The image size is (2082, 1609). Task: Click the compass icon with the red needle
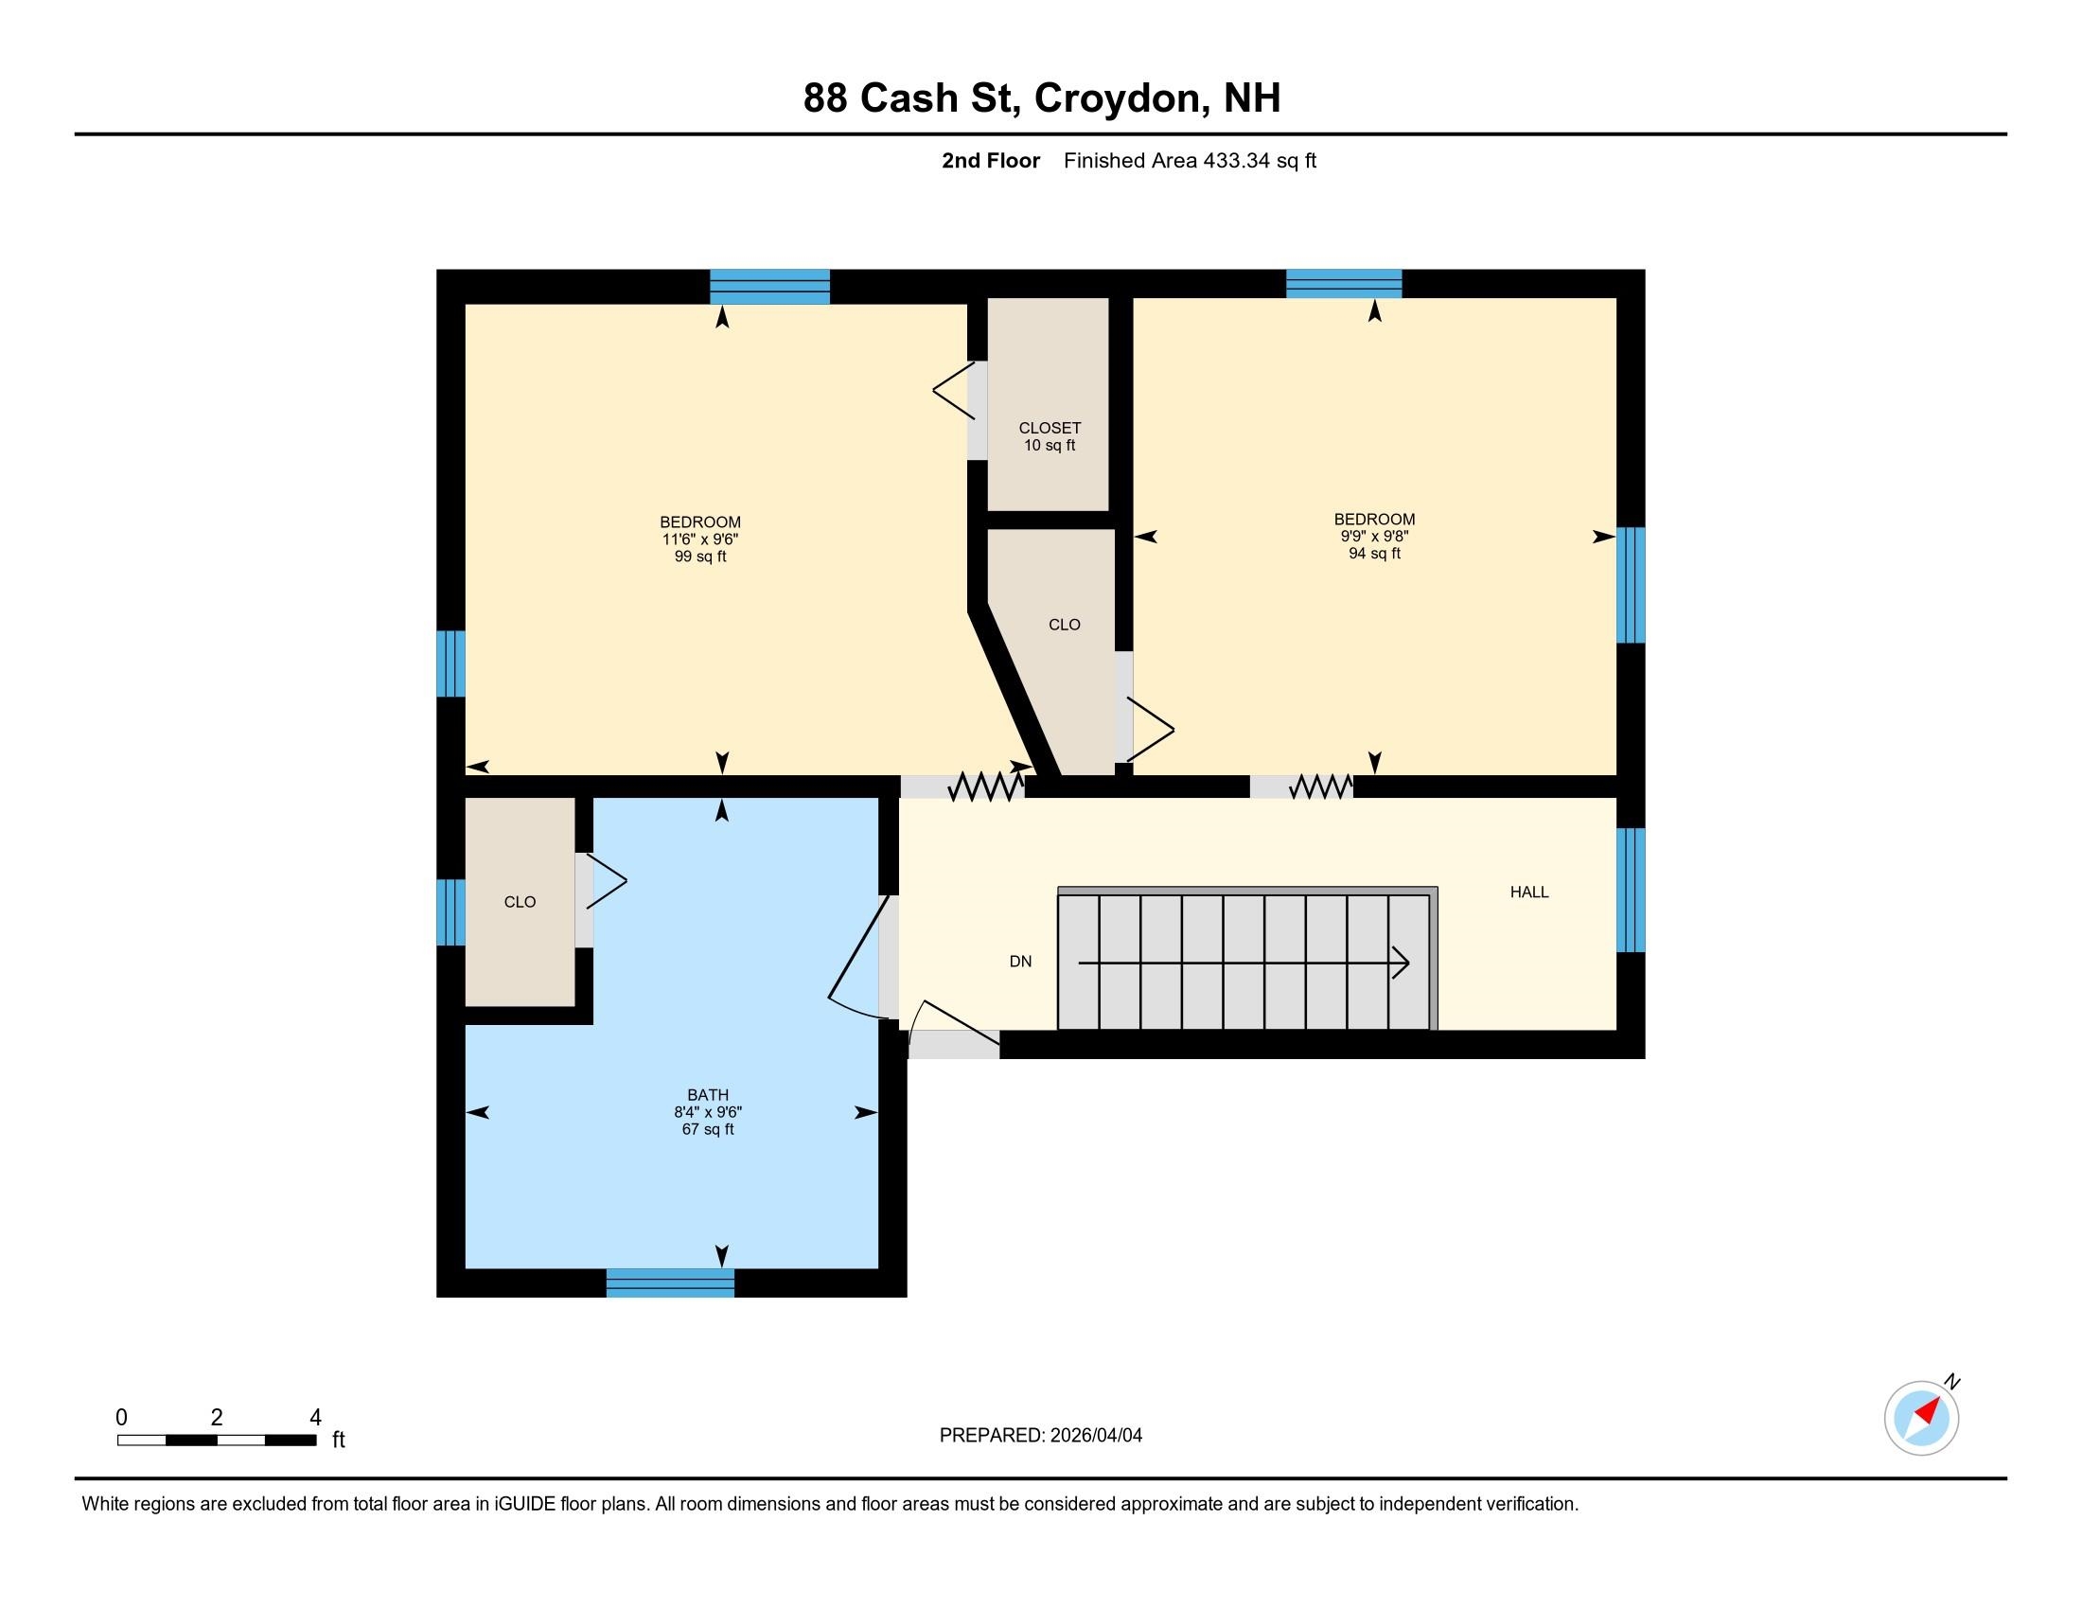(1921, 1419)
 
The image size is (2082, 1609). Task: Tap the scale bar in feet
(218, 1441)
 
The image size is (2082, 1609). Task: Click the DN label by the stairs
(1020, 962)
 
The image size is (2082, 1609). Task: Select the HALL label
(1529, 893)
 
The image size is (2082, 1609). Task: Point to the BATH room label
(707, 1095)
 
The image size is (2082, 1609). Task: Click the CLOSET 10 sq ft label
(1050, 436)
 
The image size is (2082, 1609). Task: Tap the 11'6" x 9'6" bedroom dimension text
(700, 539)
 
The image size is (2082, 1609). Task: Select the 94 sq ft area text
(1374, 554)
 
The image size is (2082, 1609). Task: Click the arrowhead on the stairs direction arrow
(1402, 963)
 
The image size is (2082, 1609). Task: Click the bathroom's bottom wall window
(670, 1283)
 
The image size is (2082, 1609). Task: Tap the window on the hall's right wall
(1632, 891)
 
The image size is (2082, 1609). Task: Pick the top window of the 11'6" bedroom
(769, 287)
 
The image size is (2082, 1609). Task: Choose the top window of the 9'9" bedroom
(1343, 284)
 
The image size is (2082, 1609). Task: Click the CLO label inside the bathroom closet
(520, 902)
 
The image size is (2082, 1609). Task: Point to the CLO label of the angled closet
(1064, 626)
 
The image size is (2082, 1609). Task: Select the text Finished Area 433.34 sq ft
(1190, 161)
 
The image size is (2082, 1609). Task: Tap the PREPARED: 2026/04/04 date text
(1040, 1436)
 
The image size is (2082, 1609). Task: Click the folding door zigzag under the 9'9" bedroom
(1320, 787)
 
